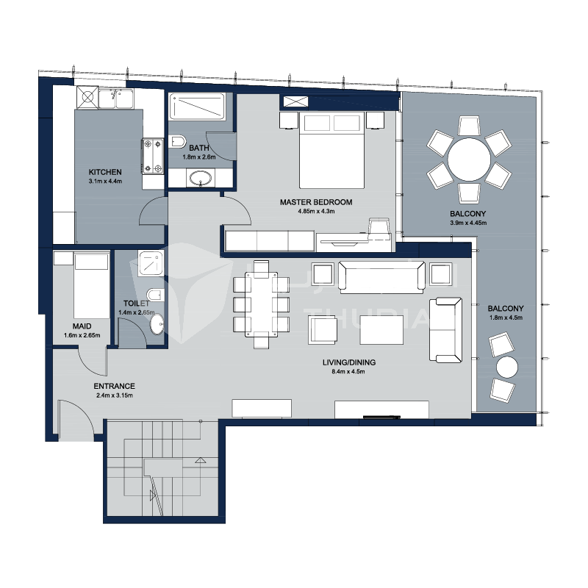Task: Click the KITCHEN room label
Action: click(x=105, y=172)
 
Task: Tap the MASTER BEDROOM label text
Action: click(x=316, y=202)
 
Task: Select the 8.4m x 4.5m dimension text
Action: click(x=348, y=372)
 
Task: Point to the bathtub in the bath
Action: click(x=197, y=107)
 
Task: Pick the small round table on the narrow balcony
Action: click(x=507, y=367)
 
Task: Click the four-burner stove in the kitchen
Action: click(x=153, y=156)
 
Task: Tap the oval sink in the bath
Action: click(x=201, y=178)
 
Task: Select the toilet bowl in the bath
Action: click(x=177, y=142)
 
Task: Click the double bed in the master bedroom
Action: click(x=332, y=150)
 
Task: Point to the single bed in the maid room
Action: click(x=91, y=286)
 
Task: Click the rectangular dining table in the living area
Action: click(x=261, y=304)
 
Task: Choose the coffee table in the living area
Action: click(x=381, y=329)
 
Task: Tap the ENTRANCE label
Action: click(x=115, y=387)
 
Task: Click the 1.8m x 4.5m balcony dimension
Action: click(x=506, y=318)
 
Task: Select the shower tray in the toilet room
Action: click(x=151, y=264)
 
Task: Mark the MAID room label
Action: click(x=82, y=326)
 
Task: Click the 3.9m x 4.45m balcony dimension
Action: click(x=468, y=223)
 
